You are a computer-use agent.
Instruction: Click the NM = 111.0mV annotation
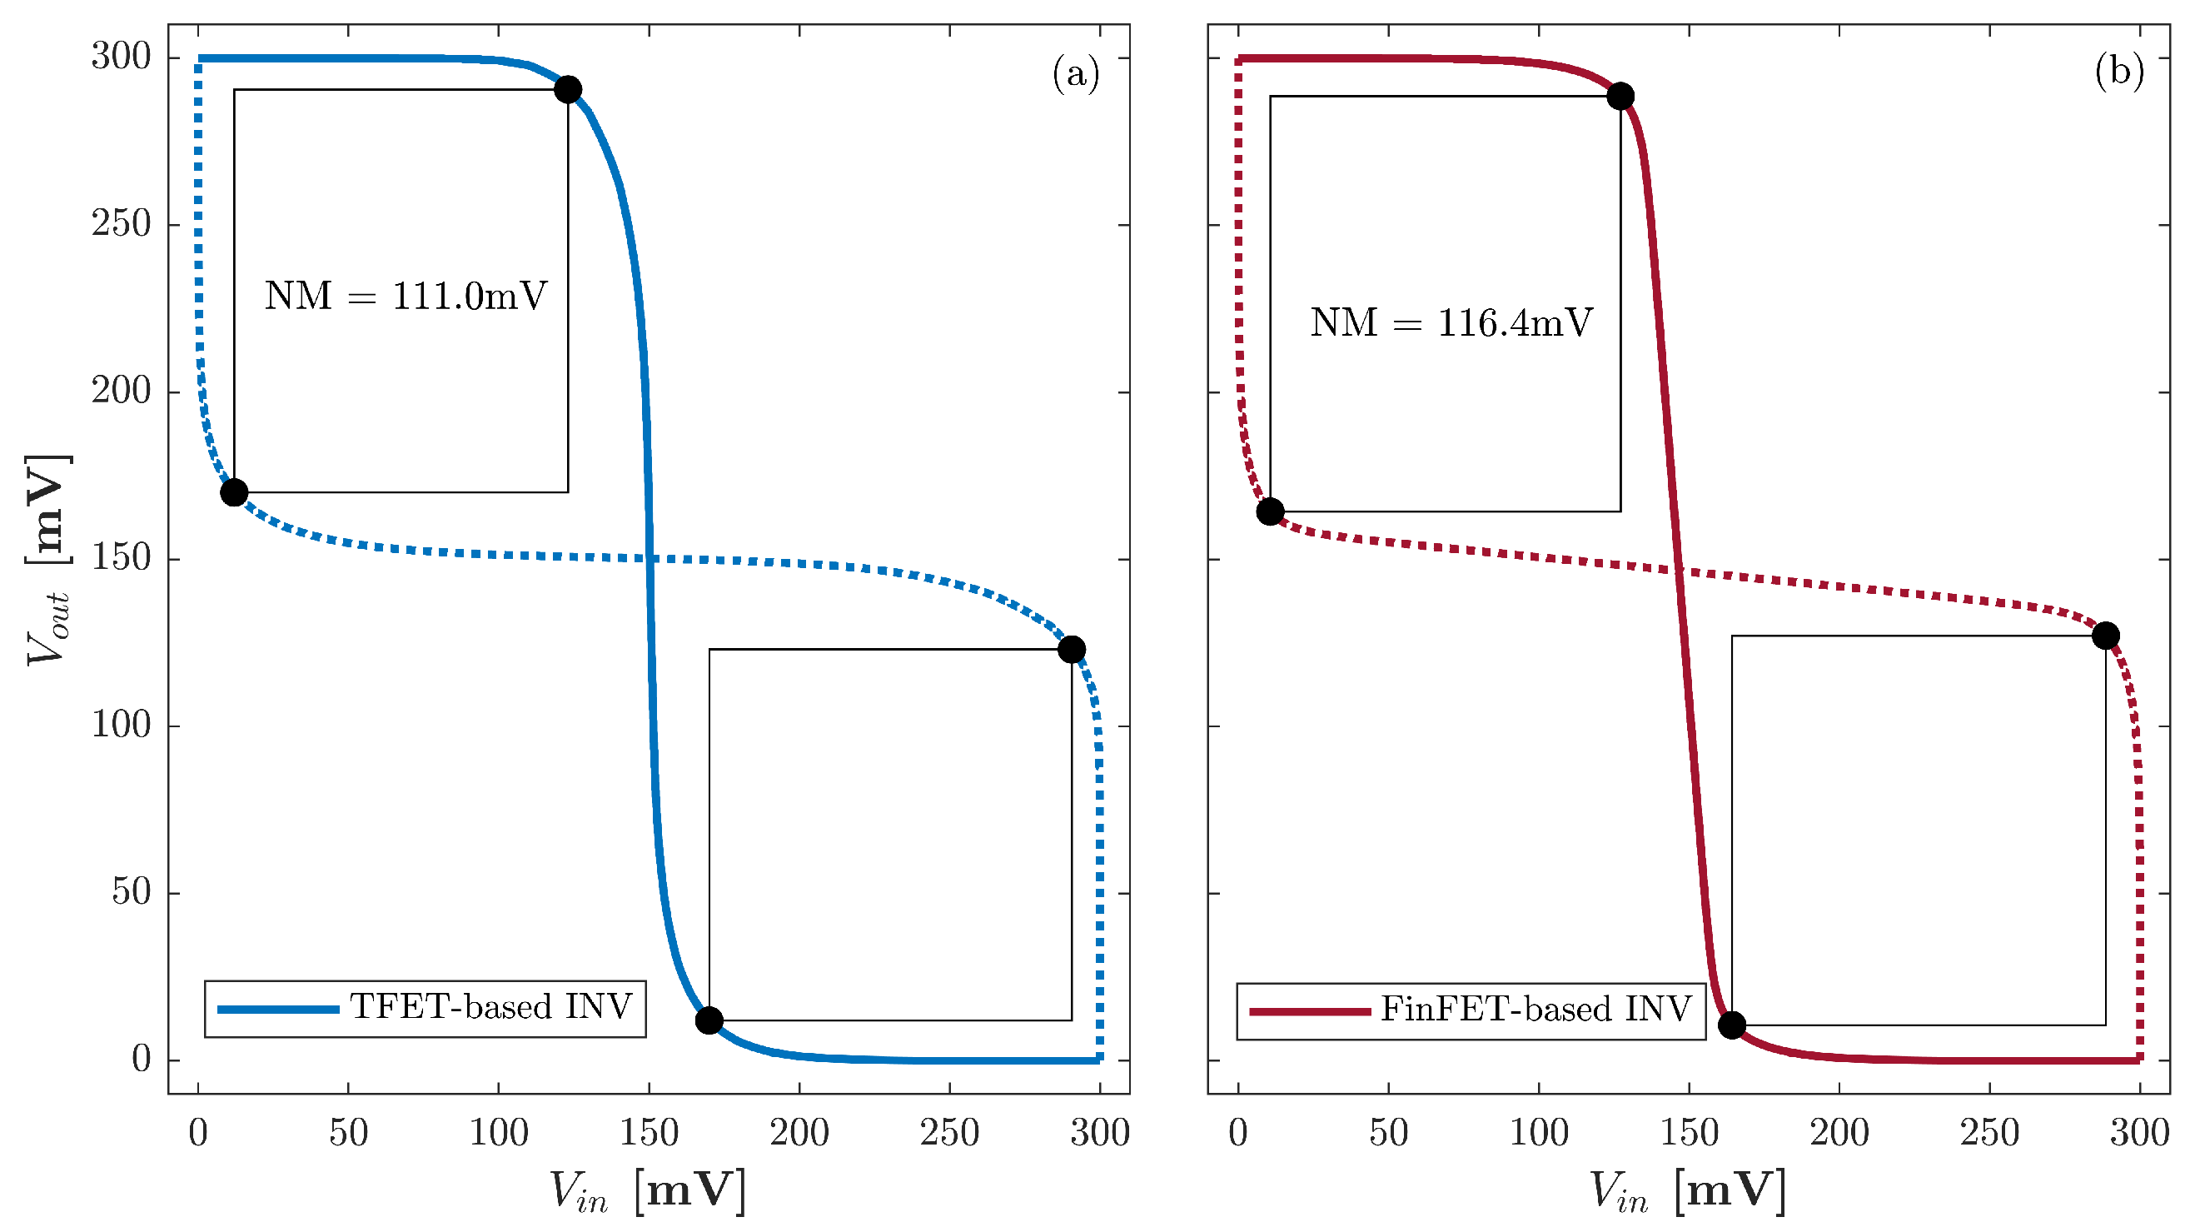[x=406, y=297]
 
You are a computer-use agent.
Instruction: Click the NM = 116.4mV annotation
[x=1451, y=323]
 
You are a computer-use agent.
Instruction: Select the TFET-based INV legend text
[x=491, y=1008]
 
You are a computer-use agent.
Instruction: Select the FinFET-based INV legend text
[x=1535, y=1010]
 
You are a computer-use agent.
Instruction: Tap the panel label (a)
[x=1076, y=74]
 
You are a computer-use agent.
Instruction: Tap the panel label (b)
[x=2118, y=72]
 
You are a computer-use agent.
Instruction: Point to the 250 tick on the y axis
[x=121, y=224]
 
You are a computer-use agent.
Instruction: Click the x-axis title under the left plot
[x=648, y=1190]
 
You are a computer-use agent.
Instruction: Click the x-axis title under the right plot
[x=1688, y=1190]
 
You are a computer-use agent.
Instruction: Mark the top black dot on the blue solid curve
[x=568, y=89]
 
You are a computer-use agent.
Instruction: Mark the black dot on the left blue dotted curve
[x=234, y=492]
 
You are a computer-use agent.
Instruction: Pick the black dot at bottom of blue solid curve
[x=709, y=1020]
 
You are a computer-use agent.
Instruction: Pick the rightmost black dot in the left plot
[x=1071, y=650]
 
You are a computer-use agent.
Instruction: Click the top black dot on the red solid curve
[x=1620, y=96]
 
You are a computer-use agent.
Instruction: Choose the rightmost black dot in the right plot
[x=2106, y=635]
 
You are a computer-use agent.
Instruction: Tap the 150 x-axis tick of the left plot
[x=649, y=1134]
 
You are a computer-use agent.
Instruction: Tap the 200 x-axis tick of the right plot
[x=1839, y=1134]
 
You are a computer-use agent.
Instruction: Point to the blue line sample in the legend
[x=278, y=1010]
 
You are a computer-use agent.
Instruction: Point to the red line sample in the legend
[x=1310, y=1011]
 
